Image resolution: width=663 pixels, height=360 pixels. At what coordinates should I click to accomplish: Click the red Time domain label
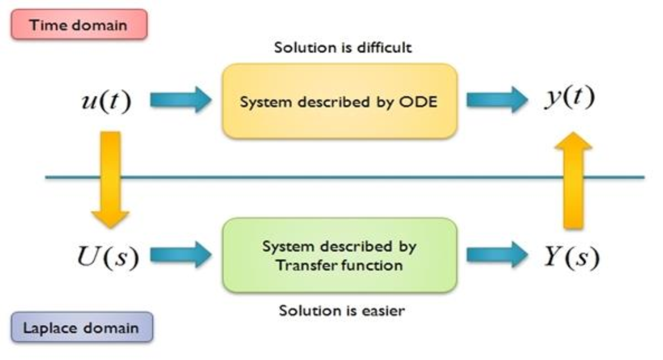pos(79,25)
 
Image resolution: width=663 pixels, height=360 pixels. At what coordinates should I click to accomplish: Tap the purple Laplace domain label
pos(82,327)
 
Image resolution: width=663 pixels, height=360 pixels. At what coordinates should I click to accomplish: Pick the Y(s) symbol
pos(570,256)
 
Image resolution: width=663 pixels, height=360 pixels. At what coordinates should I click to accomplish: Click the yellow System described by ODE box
pos(339,101)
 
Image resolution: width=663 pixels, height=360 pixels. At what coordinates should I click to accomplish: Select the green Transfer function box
pos(339,255)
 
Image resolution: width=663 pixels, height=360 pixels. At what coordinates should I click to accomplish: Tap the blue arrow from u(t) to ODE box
pos(180,100)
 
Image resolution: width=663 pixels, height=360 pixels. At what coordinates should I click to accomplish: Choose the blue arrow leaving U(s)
pos(180,255)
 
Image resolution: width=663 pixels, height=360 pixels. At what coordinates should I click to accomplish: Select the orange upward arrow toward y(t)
pos(573,180)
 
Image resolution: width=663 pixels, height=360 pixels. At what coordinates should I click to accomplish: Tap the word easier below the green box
pos(381,311)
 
